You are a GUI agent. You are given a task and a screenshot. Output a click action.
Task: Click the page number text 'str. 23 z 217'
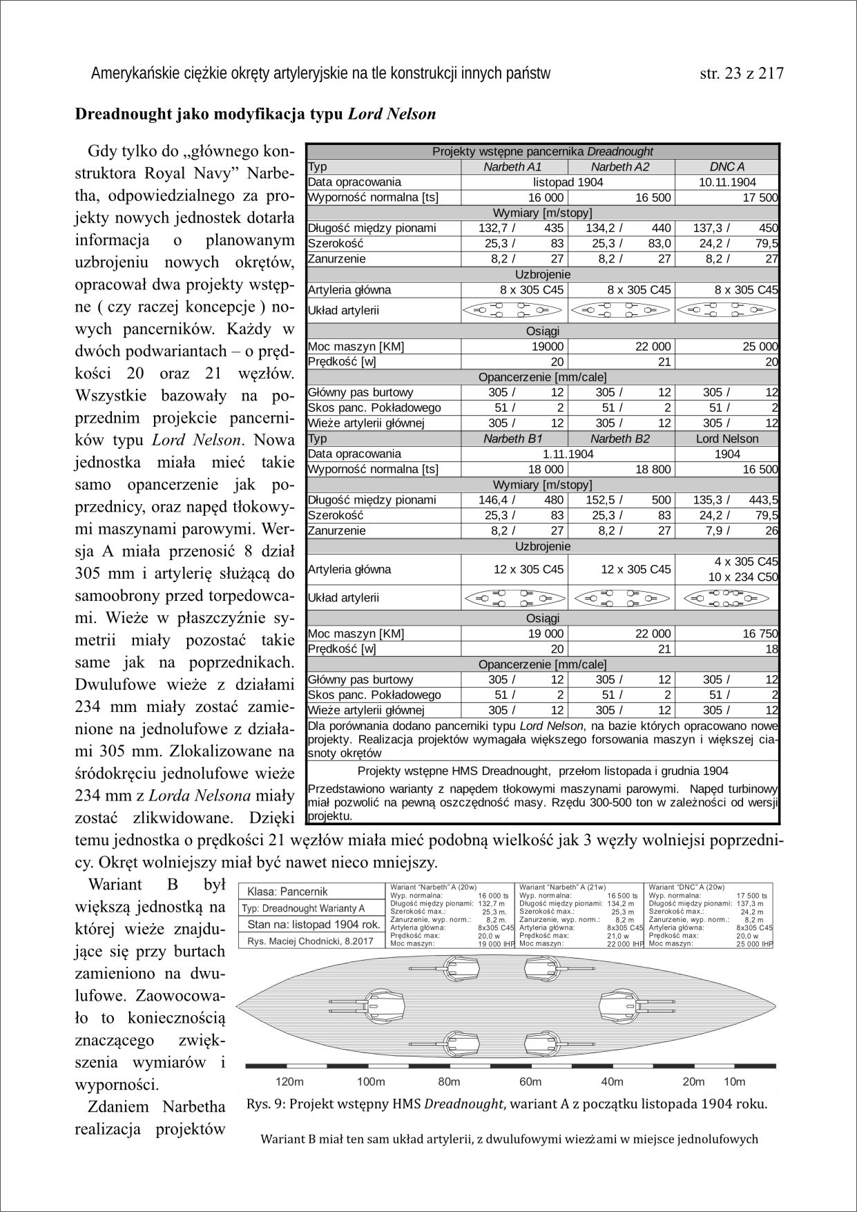(x=742, y=73)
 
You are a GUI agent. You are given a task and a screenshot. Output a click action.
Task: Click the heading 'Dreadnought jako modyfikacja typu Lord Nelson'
(x=256, y=114)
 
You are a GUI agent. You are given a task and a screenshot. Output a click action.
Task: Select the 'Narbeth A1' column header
(x=512, y=167)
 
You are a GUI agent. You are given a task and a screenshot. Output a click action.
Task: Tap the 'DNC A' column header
(x=726, y=167)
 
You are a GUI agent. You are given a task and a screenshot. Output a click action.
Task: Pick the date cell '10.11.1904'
(x=727, y=182)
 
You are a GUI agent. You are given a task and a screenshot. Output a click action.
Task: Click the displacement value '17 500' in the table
(x=760, y=198)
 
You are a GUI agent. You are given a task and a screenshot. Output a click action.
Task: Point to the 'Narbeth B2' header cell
(x=620, y=439)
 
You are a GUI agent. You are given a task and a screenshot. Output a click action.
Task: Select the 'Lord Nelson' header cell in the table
(x=727, y=439)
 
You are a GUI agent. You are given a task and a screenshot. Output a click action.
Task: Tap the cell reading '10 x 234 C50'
(x=742, y=577)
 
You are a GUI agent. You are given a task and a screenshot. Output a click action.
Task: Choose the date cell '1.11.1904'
(x=568, y=454)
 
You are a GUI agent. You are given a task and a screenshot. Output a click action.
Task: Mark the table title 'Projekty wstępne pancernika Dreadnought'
(x=542, y=151)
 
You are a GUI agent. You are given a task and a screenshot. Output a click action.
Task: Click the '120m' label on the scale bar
(x=289, y=1081)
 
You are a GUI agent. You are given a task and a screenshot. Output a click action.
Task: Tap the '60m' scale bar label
(x=530, y=1081)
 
